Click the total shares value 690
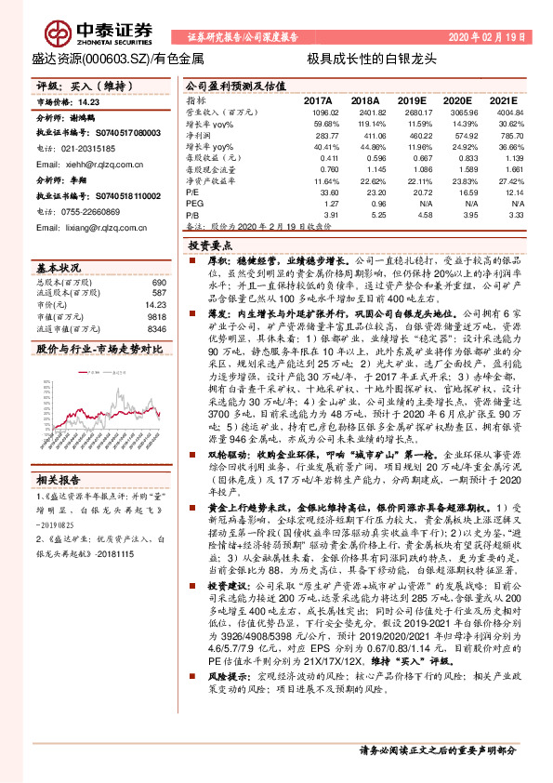[x=158, y=282]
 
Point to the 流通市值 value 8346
[x=156, y=328]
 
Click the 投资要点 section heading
[x=210, y=246]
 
